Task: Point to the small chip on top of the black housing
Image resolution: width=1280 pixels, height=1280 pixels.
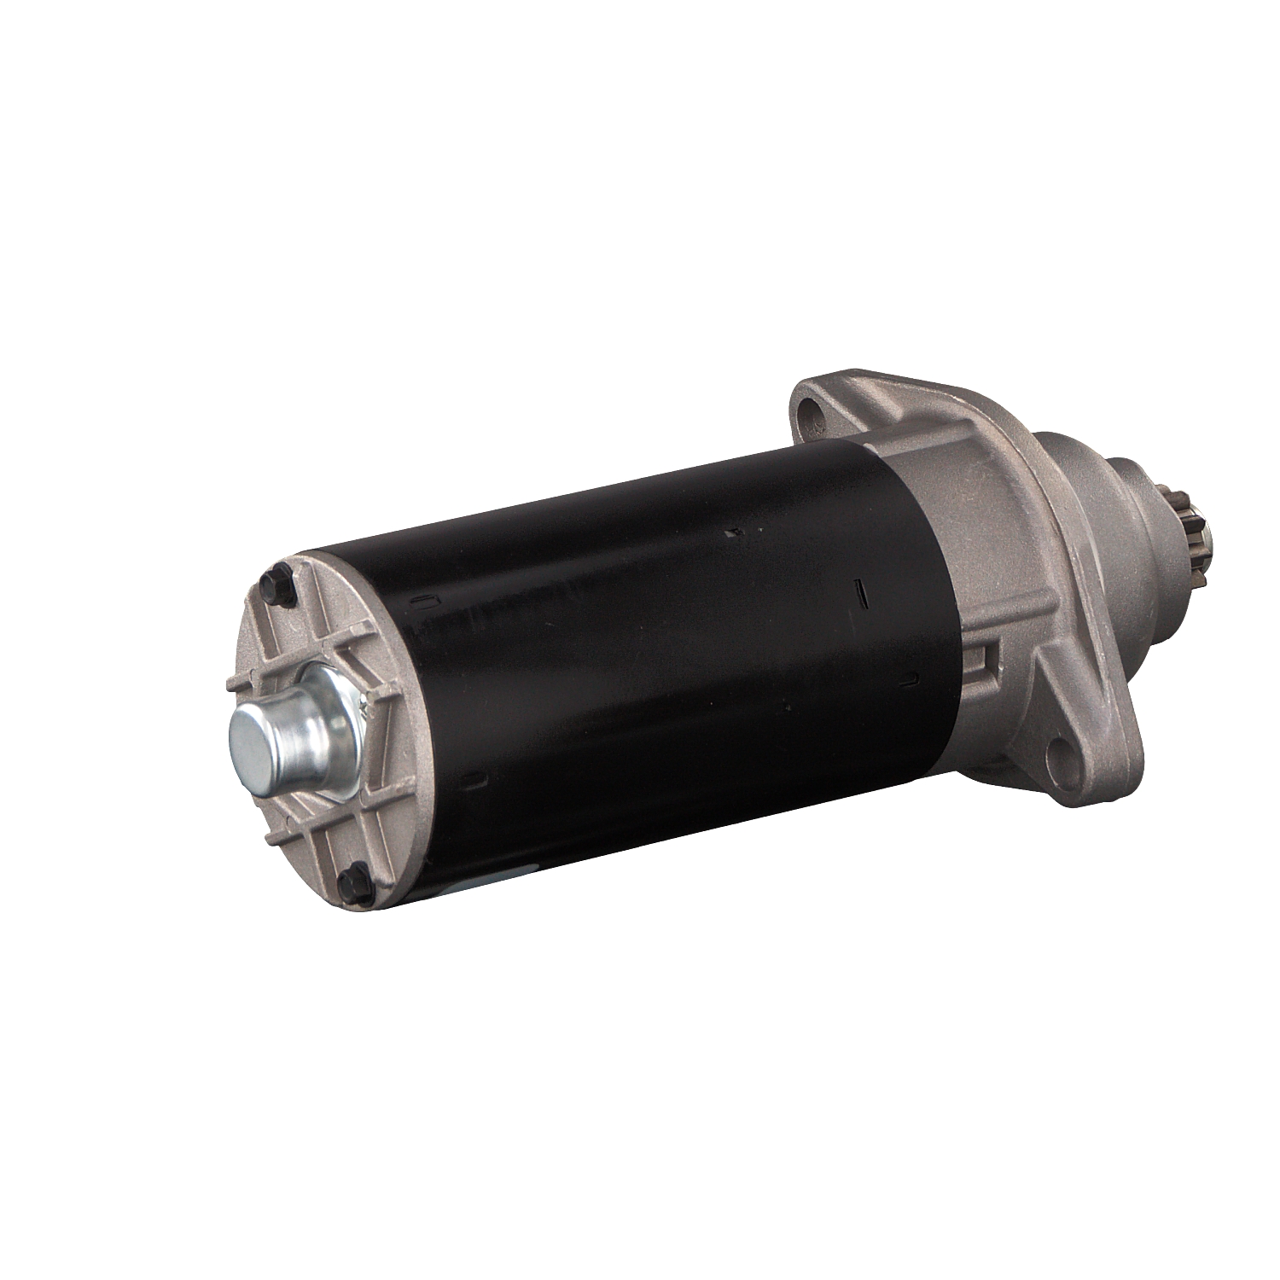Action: coord(732,535)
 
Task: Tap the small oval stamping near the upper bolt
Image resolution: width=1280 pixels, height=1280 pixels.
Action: coord(418,603)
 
